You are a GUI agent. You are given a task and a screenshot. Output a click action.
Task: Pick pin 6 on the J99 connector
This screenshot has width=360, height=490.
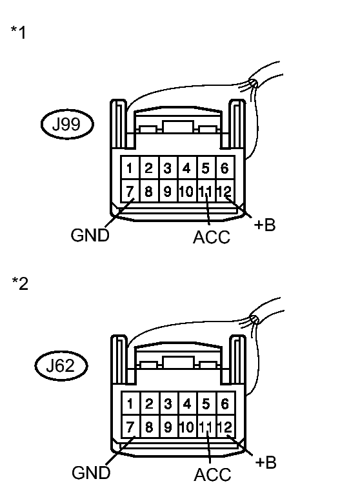225,169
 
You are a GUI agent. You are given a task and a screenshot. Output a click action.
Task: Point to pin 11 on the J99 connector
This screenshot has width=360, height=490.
205,191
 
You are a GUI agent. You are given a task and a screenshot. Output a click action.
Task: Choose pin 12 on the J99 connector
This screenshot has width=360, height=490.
224,191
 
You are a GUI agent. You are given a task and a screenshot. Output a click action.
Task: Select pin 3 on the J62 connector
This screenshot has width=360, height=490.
168,405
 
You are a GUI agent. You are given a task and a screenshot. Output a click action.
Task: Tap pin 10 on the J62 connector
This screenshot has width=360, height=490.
186,427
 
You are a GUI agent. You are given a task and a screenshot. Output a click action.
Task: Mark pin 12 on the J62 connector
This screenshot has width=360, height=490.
224,427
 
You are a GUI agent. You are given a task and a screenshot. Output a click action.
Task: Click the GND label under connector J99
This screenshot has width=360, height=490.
90,236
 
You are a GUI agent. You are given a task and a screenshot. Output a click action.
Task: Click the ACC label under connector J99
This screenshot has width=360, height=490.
212,238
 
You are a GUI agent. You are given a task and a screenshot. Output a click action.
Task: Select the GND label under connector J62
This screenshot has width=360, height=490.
90,473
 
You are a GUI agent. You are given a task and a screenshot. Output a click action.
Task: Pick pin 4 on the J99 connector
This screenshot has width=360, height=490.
186,169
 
